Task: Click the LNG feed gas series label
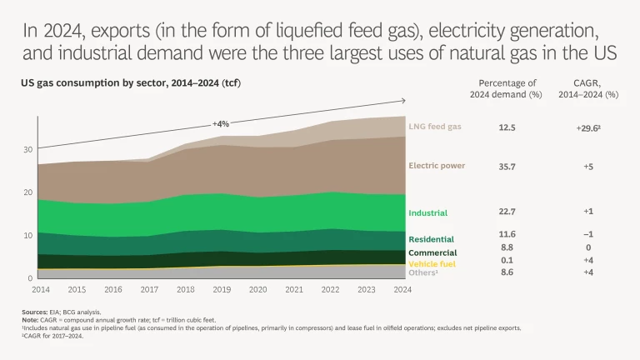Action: pos(434,127)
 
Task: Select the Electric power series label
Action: pos(437,166)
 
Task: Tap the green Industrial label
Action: pos(428,213)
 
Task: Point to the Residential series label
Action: pos(431,237)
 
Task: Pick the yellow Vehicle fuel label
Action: pos(431,263)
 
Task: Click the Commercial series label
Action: pos(432,252)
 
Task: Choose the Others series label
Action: pos(422,272)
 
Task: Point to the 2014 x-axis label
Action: pos(42,290)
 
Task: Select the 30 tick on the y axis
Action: pos(28,149)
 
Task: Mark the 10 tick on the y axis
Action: pos(28,235)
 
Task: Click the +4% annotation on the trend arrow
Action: pos(221,124)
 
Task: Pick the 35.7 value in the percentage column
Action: pos(506,166)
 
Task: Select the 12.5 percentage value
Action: pos(506,127)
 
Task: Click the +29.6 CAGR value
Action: pos(588,127)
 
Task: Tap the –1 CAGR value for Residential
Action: pos(588,235)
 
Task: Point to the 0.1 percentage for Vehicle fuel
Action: pos(506,261)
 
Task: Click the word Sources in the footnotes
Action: pos(34,312)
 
